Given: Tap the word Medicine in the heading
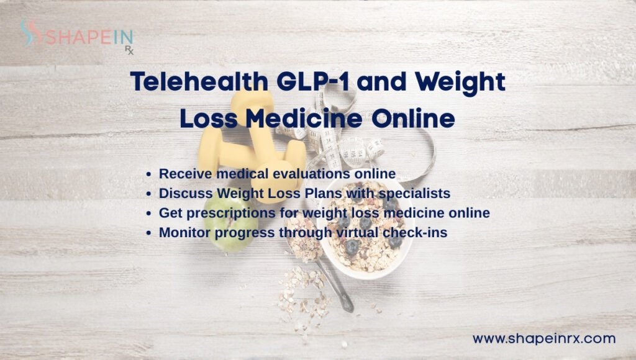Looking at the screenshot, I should click(x=302, y=117).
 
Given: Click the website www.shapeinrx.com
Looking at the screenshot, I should click(x=544, y=339).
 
